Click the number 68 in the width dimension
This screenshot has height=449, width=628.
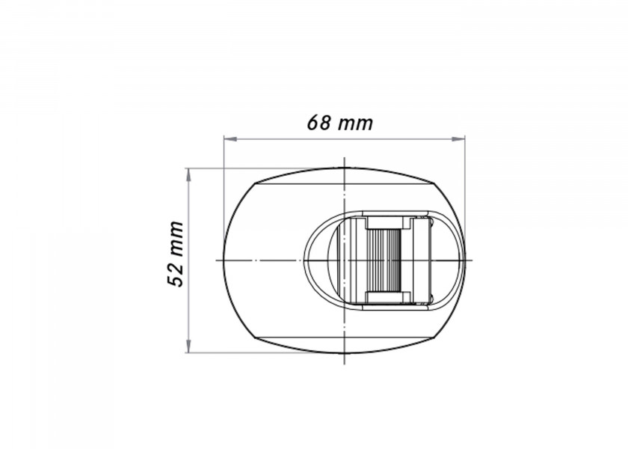(319, 122)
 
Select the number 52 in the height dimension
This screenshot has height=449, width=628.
(175, 274)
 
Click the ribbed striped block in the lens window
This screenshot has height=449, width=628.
(387, 259)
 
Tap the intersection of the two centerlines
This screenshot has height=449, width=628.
(344, 260)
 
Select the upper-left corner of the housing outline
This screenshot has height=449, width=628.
(259, 181)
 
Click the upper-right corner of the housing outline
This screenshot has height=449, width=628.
(432, 181)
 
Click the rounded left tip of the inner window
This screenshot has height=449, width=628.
(305, 260)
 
